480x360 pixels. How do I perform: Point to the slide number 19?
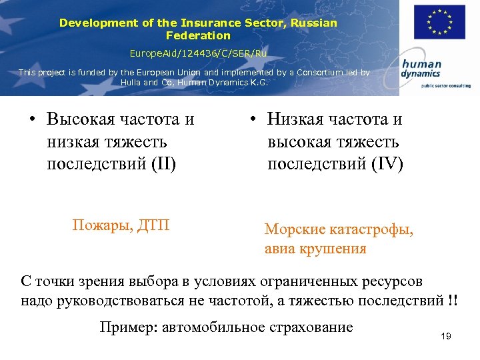pos(446,336)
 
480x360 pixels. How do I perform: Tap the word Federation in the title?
pos(198,35)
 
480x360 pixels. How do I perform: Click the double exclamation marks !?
pos(453,299)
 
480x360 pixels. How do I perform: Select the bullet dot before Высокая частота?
pos(32,120)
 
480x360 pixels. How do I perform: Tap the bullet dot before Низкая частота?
pos(253,120)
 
